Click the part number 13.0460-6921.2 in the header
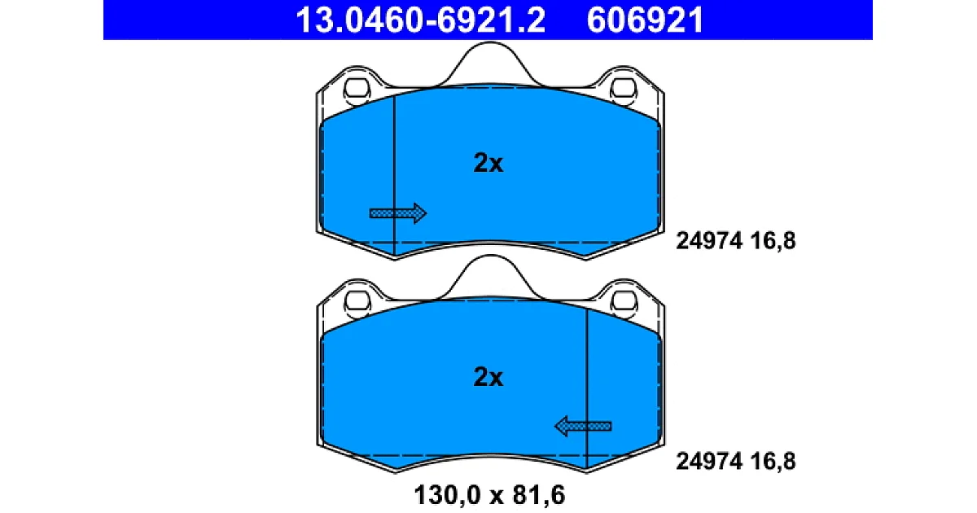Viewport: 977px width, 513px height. [x=420, y=20]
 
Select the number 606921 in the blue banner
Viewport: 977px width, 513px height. [x=645, y=20]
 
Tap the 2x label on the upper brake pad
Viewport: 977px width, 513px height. [x=488, y=163]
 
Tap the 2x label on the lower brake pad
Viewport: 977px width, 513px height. [x=488, y=377]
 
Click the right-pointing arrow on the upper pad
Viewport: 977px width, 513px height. [x=398, y=213]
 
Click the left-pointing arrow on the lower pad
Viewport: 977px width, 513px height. [x=583, y=426]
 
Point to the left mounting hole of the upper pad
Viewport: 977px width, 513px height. [x=357, y=89]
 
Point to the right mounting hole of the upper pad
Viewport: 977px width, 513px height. [x=624, y=89]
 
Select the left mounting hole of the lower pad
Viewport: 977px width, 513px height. [x=357, y=302]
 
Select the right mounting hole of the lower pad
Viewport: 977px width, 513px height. [x=624, y=302]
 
